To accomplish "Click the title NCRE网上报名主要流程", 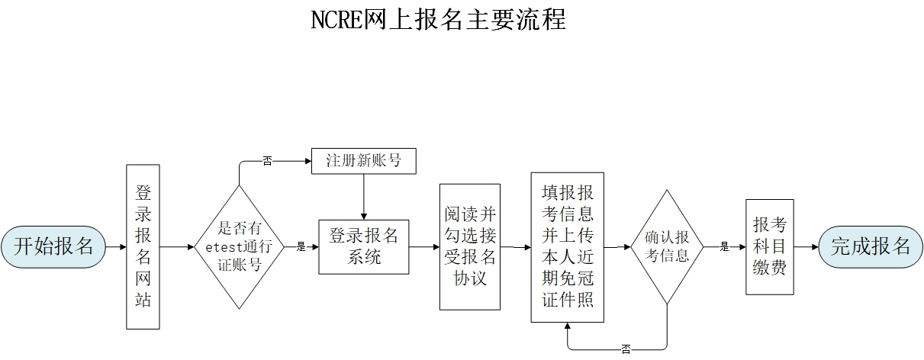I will click(438, 20).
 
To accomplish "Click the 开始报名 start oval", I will click(53, 246).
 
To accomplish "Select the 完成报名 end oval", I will click(870, 246).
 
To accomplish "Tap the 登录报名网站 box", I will click(143, 246).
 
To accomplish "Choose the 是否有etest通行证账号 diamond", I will click(239, 246).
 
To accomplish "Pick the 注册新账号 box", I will click(363, 161).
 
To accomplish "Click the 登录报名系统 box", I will click(363, 246).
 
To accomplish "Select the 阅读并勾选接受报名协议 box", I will click(469, 246).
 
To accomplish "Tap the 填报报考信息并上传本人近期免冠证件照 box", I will click(567, 246).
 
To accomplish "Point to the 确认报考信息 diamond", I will click(667, 246).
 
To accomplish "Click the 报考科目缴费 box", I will click(769, 246).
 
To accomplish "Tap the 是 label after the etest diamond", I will click(300, 247).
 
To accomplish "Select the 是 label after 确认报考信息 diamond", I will click(724, 247).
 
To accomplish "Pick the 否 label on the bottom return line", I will click(626, 349).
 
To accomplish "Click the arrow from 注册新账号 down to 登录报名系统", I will click(363, 197).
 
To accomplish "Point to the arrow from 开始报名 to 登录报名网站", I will click(114, 247).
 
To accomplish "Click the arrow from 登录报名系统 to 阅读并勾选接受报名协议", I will click(424, 247).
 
